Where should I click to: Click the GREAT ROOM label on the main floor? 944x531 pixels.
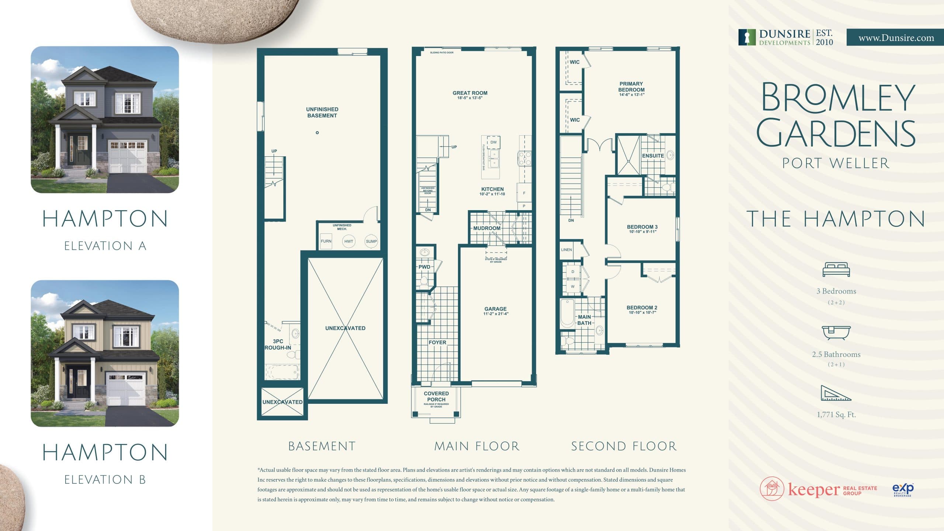470,93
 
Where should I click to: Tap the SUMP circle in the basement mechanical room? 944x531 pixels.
371,241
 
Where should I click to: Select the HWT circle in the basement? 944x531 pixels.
348,241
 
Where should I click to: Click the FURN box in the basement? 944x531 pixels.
326,241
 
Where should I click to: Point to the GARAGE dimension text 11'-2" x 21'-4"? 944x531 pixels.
496,314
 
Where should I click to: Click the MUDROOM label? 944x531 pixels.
487,228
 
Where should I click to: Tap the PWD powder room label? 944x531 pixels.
424,267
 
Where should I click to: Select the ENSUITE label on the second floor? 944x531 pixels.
653,156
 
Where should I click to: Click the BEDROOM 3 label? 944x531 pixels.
642,227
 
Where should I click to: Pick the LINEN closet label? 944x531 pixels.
566,250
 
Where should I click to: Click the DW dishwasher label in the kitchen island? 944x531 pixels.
493,142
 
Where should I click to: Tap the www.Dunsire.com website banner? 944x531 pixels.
896,38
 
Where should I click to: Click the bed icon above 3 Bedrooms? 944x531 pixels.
836,270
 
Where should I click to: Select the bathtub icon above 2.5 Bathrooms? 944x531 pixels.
836,332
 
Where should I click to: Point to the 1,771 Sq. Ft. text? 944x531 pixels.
836,414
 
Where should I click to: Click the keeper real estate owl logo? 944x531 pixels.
772,489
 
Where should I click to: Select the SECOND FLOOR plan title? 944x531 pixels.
624,447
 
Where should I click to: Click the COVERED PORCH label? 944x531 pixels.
436,396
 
